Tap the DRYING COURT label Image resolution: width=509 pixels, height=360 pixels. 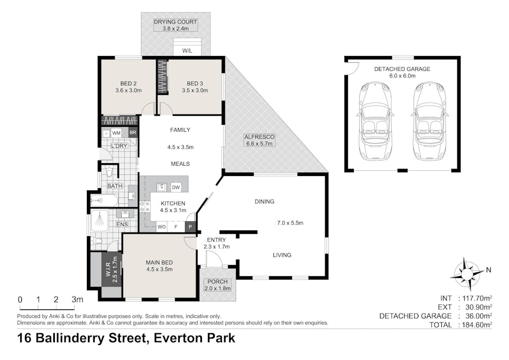click(175, 22)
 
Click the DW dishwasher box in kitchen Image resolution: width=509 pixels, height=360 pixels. click(175, 187)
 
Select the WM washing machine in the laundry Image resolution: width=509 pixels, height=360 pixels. click(116, 132)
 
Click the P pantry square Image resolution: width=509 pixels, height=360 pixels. click(189, 227)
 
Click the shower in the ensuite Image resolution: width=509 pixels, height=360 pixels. click(99, 220)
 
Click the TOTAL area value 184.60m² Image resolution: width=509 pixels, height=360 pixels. click(474, 324)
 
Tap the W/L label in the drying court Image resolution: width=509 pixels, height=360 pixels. click(187, 51)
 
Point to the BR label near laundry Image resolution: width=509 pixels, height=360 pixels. click(132, 132)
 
